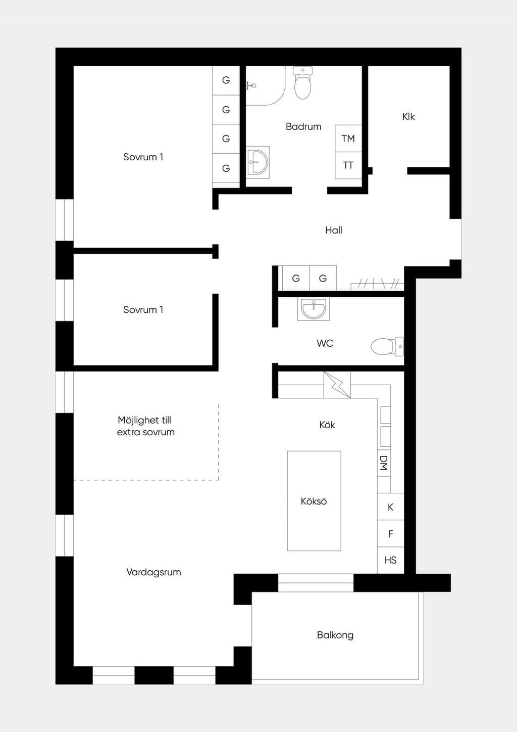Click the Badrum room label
pyautogui.click(x=303, y=126)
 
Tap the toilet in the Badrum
pyautogui.click(x=303, y=83)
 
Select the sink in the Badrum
pyautogui.click(x=258, y=162)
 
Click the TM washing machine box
pyautogui.click(x=348, y=138)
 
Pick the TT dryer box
pyautogui.click(x=348, y=165)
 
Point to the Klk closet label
pyautogui.click(x=408, y=117)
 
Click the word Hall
pyautogui.click(x=334, y=230)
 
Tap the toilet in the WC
pyautogui.click(x=387, y=346)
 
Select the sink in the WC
pyautogui.click(x=314, y=309)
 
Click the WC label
pyautogui.click(x=325, y=343)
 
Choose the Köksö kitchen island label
pyautogui.click(x=314, y=501)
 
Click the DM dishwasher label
pyautogui.click(x=384, y=463)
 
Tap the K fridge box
pyautogui.click(x=391, y=507)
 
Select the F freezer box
pyautogui.click(x=391, y=534)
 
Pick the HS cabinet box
pyautogui.click(x=391, y=560)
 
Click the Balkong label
pyautogui.click(x=335, y=635)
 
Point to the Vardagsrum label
pyautogui.click(x=153, y=572)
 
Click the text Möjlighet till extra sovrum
pyautogui.click(x=145, y=426)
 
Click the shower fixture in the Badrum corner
pyautogui.click(x=250, y=86)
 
